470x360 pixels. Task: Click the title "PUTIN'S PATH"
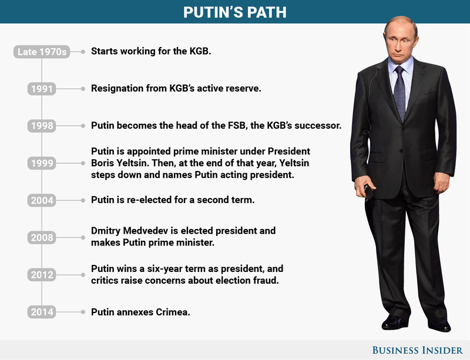(x=234, y=12)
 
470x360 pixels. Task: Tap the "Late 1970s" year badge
(x=42, y=52)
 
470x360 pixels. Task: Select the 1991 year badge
(x=42, y=89)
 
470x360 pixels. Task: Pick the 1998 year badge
(x=42, y=126)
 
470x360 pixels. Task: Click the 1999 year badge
(x=42, y=163)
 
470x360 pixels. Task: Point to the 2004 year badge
(x=42, y=201)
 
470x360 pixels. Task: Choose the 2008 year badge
(x=42, y=238)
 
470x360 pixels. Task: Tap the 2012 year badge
(x=42, y=275)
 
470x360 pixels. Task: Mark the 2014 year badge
(x=42, y=312)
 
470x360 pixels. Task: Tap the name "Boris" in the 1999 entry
(x=104, y=163)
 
